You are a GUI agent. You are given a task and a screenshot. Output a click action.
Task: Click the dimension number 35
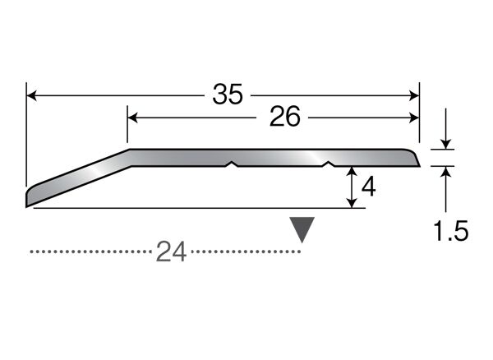pos(228,94)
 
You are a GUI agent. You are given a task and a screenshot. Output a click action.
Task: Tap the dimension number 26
pos(285,117)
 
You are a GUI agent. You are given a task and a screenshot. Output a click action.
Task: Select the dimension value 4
pos(368,187)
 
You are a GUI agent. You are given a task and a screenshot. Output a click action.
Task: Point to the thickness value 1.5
pos(451,231)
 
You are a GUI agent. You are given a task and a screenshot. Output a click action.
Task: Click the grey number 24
pos(172,252)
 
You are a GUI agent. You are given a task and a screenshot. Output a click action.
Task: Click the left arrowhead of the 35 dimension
pos(32,95)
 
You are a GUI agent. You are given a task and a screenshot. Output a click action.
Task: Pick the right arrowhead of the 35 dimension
pos(414,95)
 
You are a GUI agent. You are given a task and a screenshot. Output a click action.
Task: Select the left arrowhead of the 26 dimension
pos(133,118)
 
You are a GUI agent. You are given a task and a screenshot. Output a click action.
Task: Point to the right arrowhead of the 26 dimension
pos(414,118)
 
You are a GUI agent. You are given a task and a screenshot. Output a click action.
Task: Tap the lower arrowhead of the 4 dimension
pos(352,203)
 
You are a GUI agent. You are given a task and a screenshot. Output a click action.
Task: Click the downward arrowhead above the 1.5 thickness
pos(445,144)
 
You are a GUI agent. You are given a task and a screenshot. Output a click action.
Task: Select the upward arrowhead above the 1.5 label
pos(445,171)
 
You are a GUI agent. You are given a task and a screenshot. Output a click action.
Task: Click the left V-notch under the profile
pos(232,164)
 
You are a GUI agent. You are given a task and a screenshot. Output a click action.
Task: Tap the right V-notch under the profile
pos(329,164)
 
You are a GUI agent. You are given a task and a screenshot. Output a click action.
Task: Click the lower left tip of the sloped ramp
pos(26,206)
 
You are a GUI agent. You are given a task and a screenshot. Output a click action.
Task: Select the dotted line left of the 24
pos(90,252)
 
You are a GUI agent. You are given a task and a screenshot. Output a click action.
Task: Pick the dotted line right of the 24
pos(246,252)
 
